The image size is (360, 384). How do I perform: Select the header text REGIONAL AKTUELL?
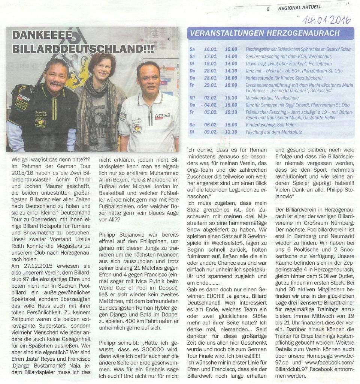300,7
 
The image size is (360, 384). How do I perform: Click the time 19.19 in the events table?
231,112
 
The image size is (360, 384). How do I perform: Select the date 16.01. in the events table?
210,49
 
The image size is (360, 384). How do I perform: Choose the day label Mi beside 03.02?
192,98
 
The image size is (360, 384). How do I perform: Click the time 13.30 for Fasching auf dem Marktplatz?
231,132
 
